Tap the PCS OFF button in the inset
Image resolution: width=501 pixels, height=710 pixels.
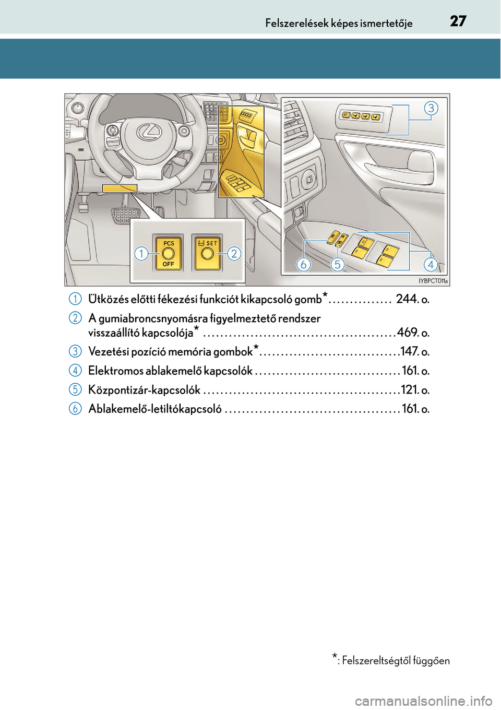click(x=168, y=253)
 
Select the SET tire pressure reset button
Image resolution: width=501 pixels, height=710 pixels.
click(x=207, y=253)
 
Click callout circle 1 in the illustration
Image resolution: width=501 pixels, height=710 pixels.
click(x=141, y=254)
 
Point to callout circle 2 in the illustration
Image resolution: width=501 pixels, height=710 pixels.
click(x=234, y=254)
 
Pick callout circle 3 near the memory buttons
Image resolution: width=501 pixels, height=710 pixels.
click(x=431, y=108)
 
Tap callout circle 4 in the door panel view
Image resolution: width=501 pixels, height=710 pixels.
click(x=431, y=264)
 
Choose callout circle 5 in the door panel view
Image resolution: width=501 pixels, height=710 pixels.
click(x=337, y=264)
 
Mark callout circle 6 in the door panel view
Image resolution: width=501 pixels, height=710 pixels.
click(x=303, y=264)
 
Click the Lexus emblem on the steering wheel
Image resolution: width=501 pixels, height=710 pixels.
click(x=149, y=131)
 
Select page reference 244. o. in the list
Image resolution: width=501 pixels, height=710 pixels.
click(x=412, y=299)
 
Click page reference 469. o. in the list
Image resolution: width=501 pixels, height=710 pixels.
click(x=413, y=333)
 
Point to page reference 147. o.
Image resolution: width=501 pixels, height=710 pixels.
click(x=415, y=352)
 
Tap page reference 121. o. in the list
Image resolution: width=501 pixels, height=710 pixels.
click(x=415, y=390)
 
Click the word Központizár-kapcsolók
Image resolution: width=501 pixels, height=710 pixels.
click(x=144, y=390)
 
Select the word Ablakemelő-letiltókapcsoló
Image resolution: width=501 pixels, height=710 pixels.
click(x=155, y=409)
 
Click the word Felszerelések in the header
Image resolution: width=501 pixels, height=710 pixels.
click(x=296, y=23)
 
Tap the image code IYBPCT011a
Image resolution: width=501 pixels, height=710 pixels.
click(x=433, y=281)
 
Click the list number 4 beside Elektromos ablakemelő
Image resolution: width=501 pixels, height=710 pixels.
click(x=75, y=371)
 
